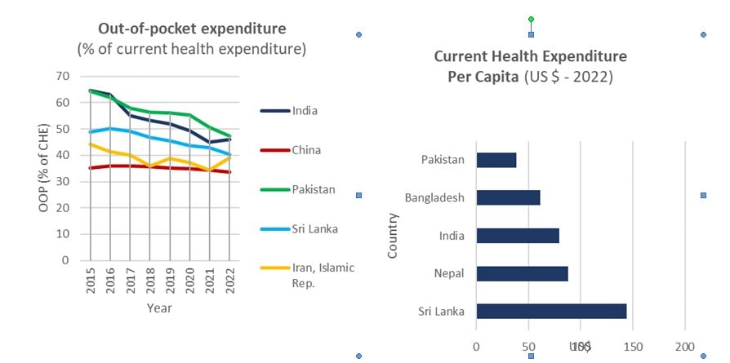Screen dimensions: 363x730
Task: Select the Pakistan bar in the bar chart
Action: click(496, 160)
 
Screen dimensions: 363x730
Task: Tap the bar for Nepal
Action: click(522, 273)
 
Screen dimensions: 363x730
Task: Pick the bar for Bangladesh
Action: click(508, 197)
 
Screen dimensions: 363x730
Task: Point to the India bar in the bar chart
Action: click(517, 236)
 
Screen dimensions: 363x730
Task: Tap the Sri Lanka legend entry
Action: click(314, 228)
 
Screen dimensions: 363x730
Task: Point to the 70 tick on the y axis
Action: click(62, 77)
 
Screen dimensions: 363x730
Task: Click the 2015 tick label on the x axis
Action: click(90, 280)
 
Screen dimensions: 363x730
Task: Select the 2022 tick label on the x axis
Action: click(230, 280)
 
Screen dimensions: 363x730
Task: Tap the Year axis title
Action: click(159, 308)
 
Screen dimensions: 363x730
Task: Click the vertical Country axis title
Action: click(393, 236)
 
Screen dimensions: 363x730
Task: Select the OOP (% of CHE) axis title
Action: click(44, 169)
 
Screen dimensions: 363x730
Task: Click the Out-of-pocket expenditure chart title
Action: click(192, 29)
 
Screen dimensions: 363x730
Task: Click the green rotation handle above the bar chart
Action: click(531, 18)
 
